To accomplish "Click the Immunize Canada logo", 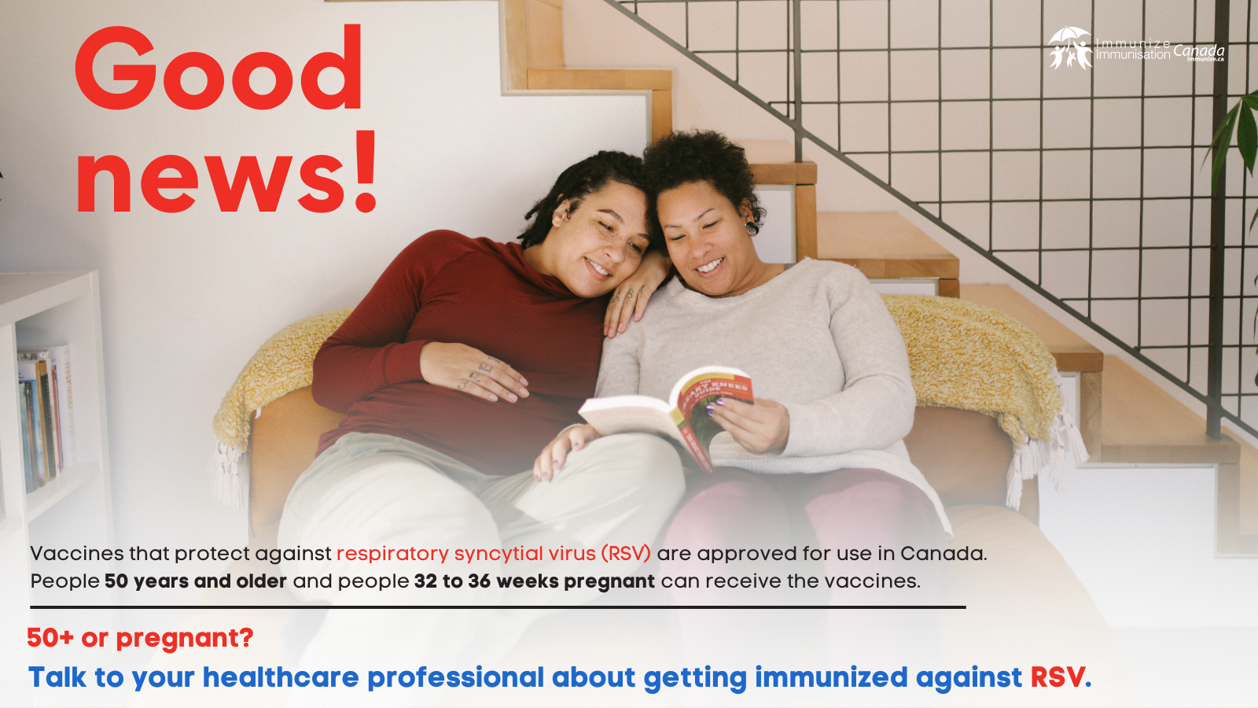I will pos(1135,49).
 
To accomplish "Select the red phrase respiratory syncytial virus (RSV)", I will pos(493,554).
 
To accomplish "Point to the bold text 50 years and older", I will pos(195,581).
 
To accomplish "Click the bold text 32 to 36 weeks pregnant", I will pos(534,581).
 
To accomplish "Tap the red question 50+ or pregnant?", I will pos(140,638).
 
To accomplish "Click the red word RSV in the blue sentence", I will pos(1057,677).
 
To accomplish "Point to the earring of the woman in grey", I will pos(752,228).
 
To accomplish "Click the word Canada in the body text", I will pos(943,554).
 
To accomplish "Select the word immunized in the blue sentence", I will pos(831,677).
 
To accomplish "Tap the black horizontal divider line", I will pos(498,607).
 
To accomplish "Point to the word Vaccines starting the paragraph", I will pos(76,554).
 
